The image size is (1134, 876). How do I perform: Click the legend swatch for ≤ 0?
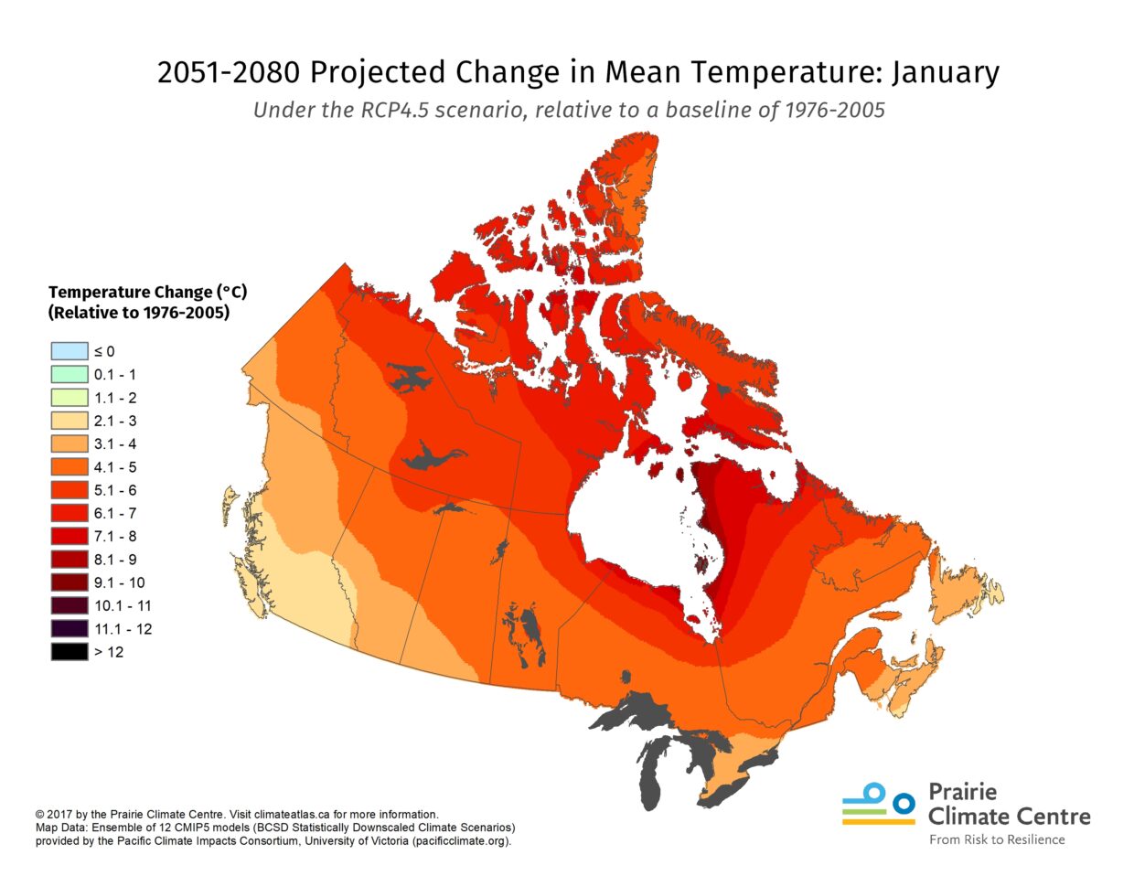click(x=70, y=351)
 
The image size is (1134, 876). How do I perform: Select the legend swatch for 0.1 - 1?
click(x=70, y=374)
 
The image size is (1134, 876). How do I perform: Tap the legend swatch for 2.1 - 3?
click(x=70, y=421)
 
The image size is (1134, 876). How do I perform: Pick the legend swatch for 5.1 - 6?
click(x=70, y=490)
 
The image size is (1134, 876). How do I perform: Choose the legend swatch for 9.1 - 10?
click(x=70, y=582)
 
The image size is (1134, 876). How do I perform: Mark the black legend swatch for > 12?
click(x=70, y=652)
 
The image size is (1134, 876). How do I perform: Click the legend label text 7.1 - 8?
click(x=115, y=537)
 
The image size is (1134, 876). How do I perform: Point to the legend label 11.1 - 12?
click(x=123, y=629)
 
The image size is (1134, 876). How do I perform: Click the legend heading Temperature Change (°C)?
click(x=147, y=293)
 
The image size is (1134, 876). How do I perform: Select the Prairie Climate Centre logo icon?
click(x=878, y=804)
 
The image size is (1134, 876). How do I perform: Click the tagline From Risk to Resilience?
click(x=997, y=839)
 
